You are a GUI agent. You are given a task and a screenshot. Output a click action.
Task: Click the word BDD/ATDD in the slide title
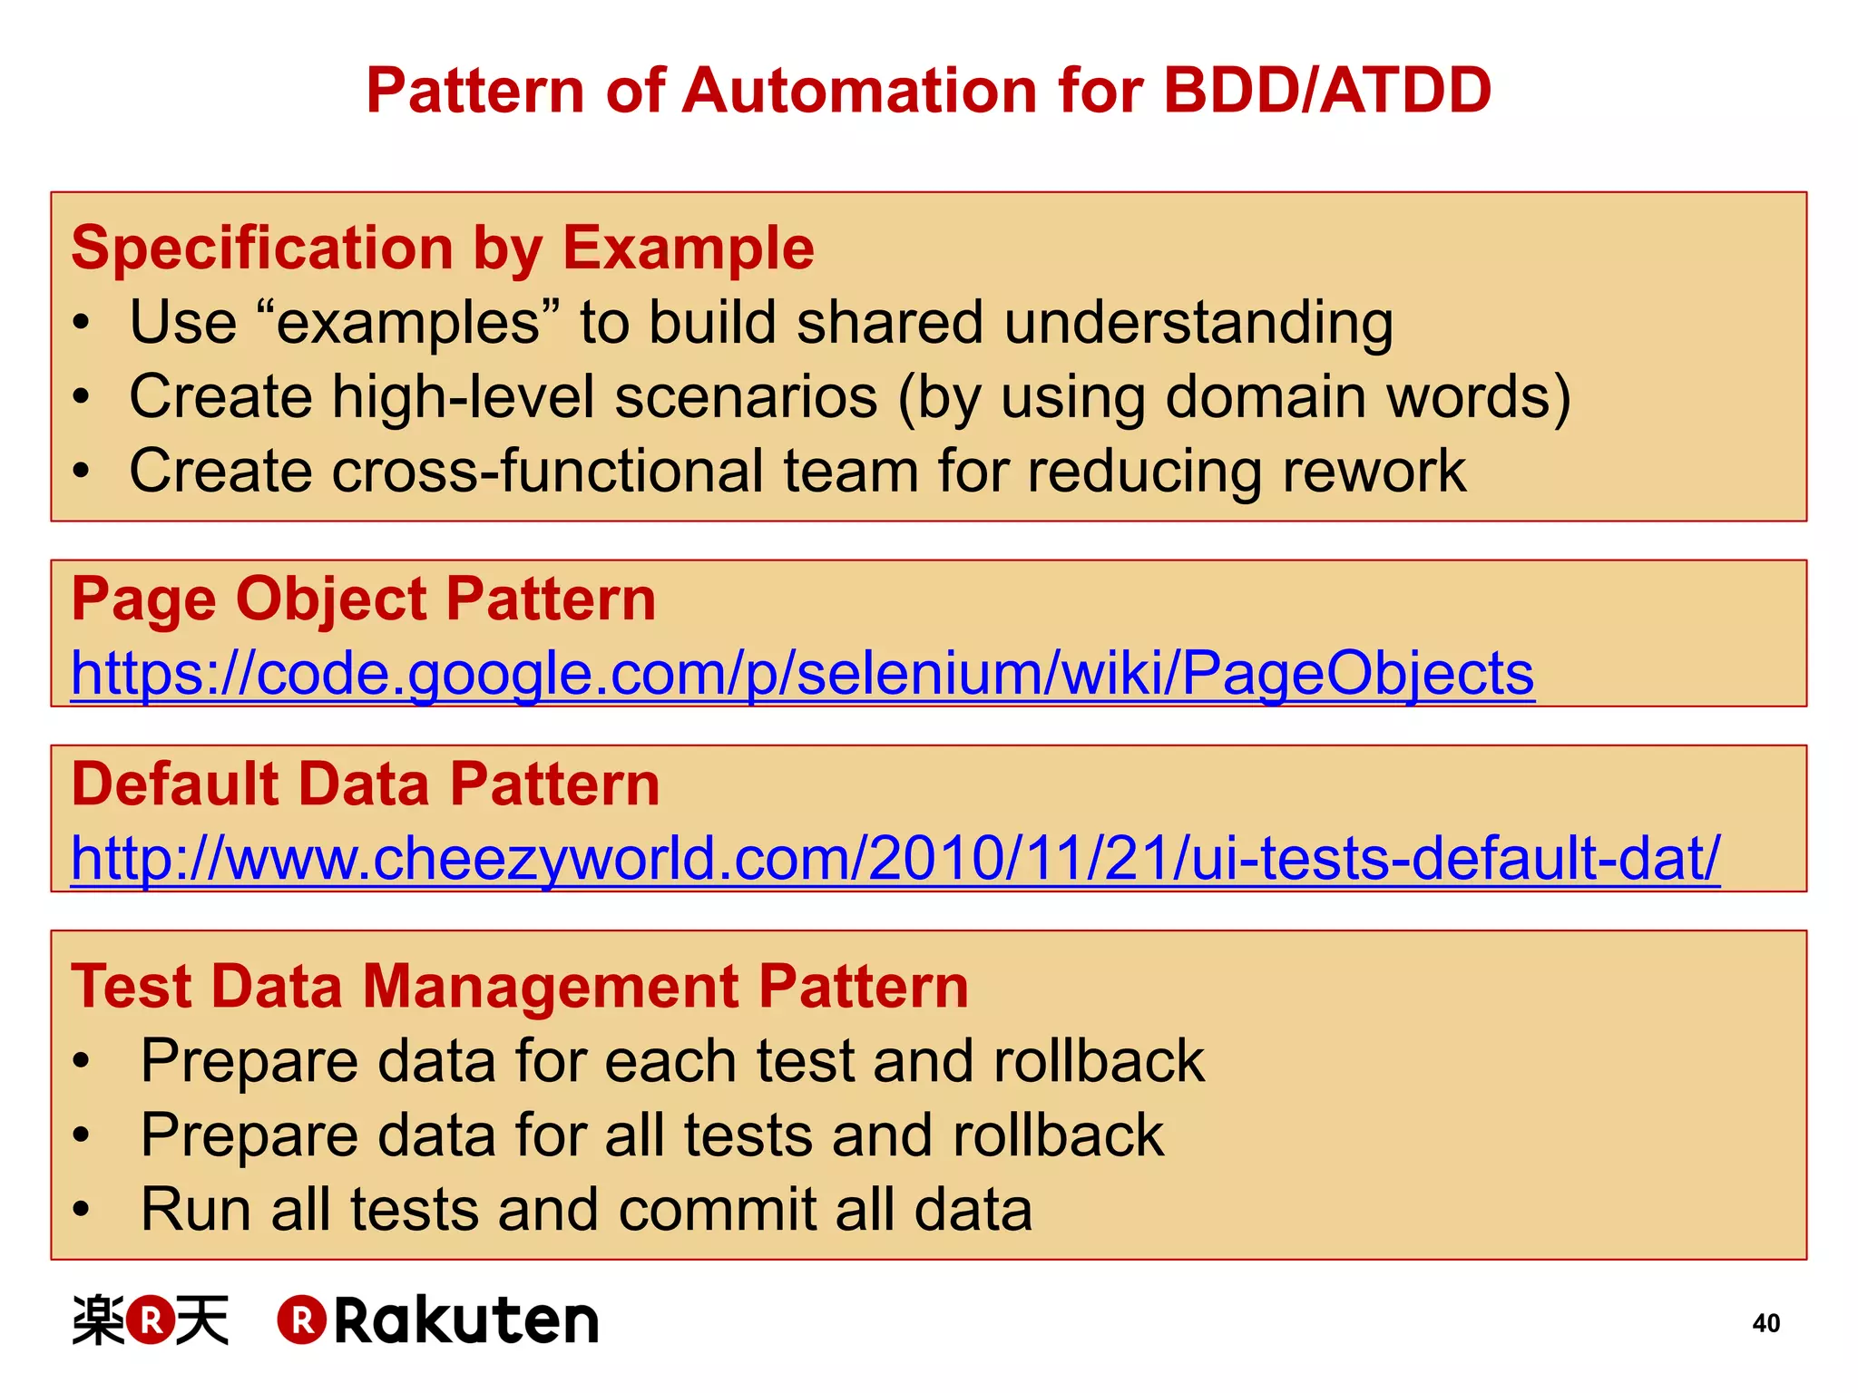(1326, 92)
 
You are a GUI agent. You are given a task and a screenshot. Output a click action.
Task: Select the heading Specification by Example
(443, 248)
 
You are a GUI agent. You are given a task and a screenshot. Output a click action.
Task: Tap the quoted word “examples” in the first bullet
(408, 323)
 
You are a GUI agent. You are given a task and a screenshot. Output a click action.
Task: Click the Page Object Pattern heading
(363, 599)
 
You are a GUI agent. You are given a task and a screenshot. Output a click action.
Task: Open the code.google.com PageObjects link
(802, 674)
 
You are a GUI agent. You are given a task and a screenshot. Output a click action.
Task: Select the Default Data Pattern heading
(365, 784)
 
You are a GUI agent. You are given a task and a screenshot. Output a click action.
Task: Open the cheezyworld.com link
(895, 859)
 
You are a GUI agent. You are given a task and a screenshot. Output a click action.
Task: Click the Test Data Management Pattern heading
(520, 987)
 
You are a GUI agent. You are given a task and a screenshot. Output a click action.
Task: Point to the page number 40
(1765, 1323)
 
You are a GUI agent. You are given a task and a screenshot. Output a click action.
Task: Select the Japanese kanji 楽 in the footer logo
(98, 1320)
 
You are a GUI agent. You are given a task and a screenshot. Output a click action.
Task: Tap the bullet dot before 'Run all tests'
(82, 1210)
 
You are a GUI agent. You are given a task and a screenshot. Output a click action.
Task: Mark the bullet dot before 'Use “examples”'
(82, 323)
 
